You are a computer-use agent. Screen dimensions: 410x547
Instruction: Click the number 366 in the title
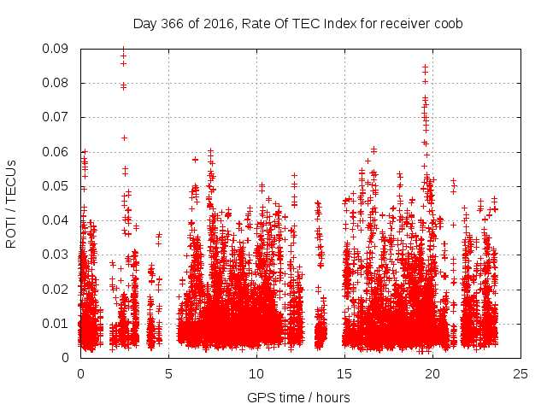click(171, 24)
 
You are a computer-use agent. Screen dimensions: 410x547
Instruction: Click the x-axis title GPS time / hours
click(298, 397)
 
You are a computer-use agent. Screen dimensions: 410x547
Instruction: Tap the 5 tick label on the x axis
click(168, 373)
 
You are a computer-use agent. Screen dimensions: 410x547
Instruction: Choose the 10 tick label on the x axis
click(256, 373)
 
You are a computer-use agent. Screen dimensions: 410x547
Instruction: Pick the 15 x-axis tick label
click(344, 373)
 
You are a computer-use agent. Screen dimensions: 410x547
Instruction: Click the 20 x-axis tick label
click(432, 373)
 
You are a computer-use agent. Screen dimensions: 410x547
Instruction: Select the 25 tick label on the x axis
click(521, 373)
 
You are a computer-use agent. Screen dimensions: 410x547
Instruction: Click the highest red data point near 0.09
click(123, 50)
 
